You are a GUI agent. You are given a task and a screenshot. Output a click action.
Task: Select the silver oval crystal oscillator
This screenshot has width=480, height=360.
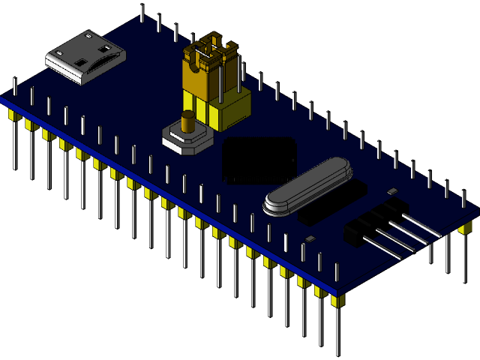click(x=307, y=187)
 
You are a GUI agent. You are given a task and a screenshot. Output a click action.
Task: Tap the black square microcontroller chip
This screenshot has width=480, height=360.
click(x=259, y=159)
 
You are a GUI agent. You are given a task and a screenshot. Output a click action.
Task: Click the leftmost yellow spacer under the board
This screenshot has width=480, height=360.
click(x=12, y=117)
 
